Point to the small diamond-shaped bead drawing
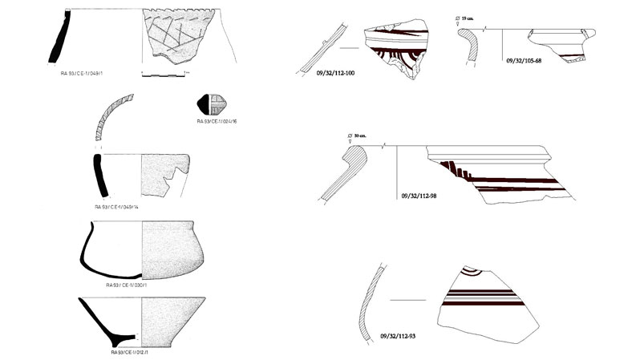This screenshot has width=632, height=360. [x=212, y=104]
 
